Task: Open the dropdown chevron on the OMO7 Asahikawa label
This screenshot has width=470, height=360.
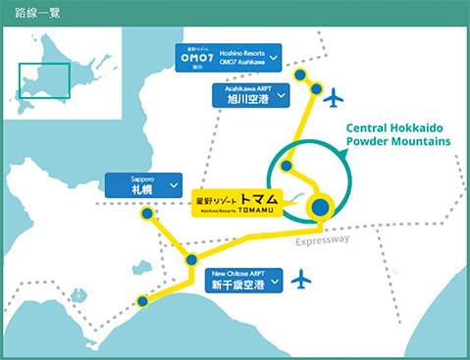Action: point(271,58)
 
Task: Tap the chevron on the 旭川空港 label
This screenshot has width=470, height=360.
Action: point(281,96)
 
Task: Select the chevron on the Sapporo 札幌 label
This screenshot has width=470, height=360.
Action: point(173,183)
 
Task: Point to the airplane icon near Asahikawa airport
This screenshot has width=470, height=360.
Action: point(336,97)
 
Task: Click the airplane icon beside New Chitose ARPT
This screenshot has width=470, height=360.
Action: point(301,281)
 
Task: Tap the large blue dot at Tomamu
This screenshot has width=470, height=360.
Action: point(321,207)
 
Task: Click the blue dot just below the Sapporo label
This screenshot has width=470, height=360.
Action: point(147,214)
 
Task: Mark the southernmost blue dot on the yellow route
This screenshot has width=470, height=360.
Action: point(144,301)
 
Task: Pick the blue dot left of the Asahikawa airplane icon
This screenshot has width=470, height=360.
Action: point(316,89)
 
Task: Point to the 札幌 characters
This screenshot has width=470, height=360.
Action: point(142,188)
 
